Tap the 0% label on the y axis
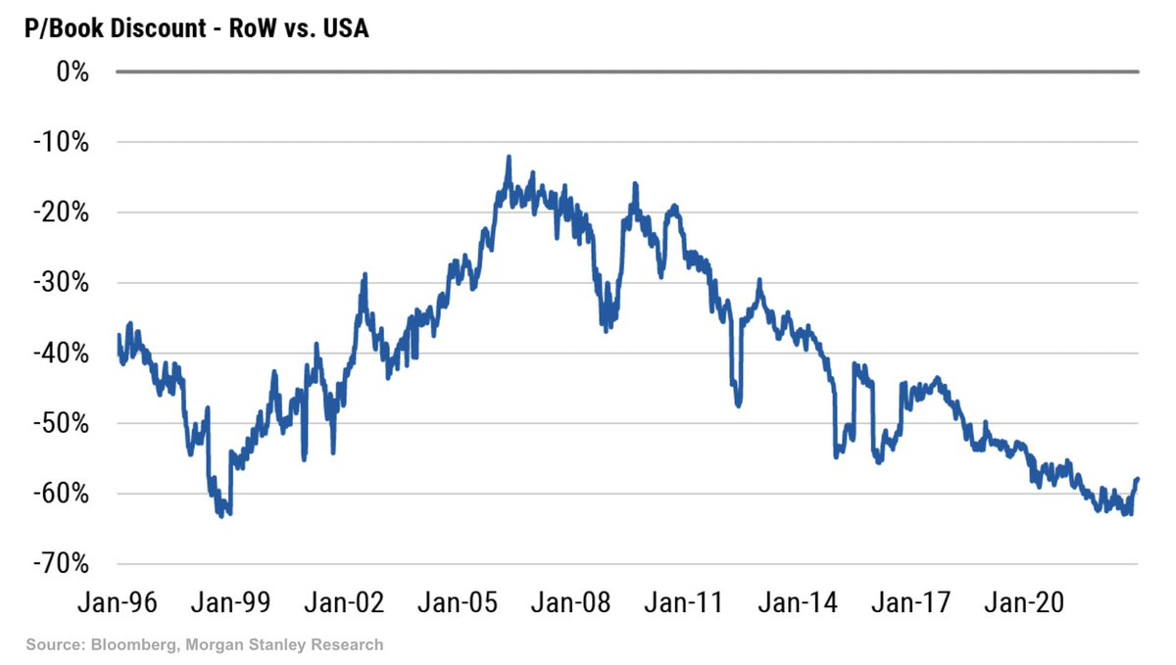(x=72, y=71)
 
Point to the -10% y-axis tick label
(x=62, y=142)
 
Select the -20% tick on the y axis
(x=62, y=213)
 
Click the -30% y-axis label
(x=62, y=283)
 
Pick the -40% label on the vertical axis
(x=62, y=354)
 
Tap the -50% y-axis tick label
(x=62, y=424)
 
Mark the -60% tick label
(x=62, y=494)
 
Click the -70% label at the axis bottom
(x=62, y=564)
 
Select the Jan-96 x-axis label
(x=117, y=603)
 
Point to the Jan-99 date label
(x=229, y=603)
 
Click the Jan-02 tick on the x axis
(x=343, y=603)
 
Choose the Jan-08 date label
(x=569, y=603)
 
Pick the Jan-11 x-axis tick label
(x=683, y=603)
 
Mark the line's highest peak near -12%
(x=509, y=158)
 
